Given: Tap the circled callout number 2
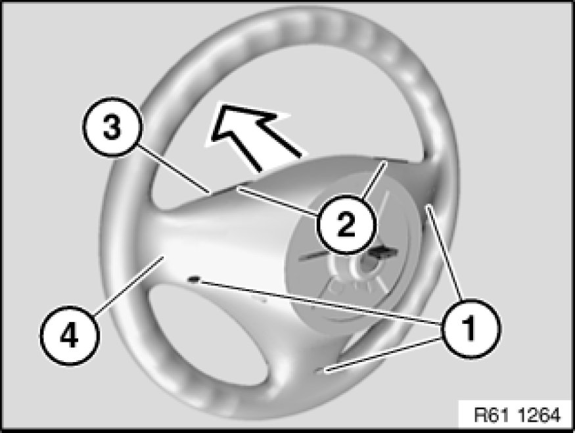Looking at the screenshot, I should click(x=345, y=223).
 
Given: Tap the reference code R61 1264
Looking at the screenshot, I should click(x=517, y=415).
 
